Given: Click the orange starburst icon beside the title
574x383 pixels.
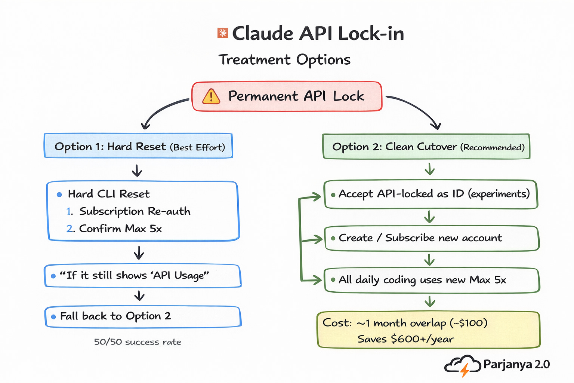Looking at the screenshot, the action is click(x=223, y=33).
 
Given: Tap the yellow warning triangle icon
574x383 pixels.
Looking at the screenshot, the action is click(x=211, y=96).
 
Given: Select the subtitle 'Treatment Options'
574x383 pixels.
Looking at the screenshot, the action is click(x=284, y=60).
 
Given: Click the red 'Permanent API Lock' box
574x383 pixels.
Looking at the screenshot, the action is click(x=287, y=96).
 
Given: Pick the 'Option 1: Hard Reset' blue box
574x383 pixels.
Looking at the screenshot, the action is click(x=138, y=146).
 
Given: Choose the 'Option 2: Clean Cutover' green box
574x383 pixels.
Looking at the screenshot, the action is click(x=426, y=146).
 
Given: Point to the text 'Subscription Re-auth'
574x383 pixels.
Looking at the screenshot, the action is click(x=135, y=211).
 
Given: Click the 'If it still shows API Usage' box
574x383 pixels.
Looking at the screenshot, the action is click(x=143, y=276).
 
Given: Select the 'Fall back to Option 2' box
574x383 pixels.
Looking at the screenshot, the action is click(x=143, y=317).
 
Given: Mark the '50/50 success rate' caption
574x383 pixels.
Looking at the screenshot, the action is click(x=138, y=342).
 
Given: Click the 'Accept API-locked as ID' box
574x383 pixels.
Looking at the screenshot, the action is click(x=431, y=194).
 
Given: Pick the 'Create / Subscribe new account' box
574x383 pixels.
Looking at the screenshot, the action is click(x=432, y=238).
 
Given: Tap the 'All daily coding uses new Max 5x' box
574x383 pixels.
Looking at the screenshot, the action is click(x=432, y=281).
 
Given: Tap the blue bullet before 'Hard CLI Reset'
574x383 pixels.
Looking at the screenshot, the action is click(x=59, y=195).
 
